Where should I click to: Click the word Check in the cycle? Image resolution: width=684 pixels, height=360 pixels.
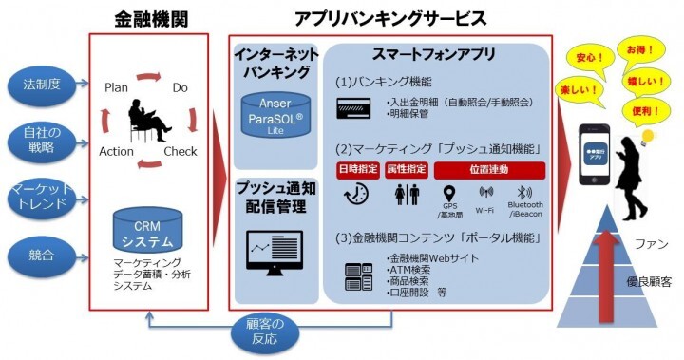tap(180, 150)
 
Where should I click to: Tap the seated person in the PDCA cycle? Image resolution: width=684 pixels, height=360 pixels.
tap(148, 120)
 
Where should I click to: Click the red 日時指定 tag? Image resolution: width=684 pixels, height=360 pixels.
tap(357, 170)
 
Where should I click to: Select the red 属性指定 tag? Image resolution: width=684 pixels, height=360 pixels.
tap(406, 170)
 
